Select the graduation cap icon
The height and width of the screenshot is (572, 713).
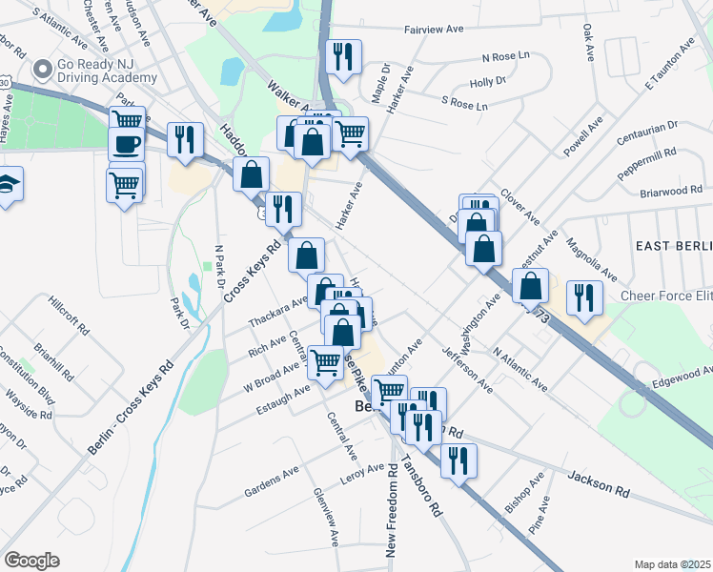tap(6, 183)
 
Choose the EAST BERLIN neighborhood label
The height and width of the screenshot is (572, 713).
tap(673, 245)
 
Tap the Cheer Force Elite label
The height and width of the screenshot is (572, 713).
tap(667, 296)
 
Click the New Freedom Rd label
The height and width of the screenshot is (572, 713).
tap(392, 509)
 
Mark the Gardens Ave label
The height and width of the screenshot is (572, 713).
tap(272, 481)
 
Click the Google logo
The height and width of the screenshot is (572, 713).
tap(31, 561)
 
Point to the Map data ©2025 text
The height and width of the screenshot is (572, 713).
tap(672, 564)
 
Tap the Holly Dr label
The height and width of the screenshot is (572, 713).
tap(487, 81)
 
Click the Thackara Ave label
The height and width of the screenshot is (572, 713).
tap(278, 311)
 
